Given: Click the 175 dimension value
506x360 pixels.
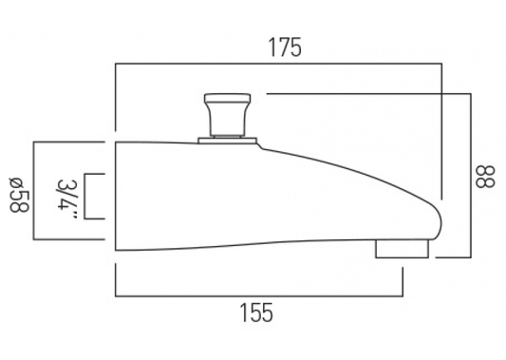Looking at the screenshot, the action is [x=285, y=47].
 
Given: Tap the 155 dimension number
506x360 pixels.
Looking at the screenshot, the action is [x=256, y=313].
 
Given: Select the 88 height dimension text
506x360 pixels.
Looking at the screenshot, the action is [x=485, y=177].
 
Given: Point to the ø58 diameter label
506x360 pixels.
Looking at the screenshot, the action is [x=19, y=195].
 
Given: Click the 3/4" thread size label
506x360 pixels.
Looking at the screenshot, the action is [x=66, y=199].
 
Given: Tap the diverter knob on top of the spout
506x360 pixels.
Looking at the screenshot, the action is [x=227, y=115].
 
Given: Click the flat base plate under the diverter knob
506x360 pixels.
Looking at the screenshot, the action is [x=228, y=141].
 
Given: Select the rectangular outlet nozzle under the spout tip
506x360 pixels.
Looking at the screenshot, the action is [x=403, y=249].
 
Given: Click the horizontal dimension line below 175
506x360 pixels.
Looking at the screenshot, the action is [x=278, y=65].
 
